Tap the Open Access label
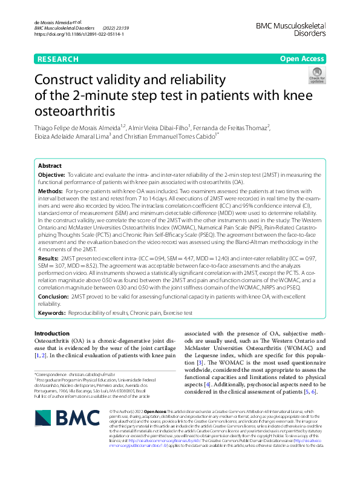click(303, 59)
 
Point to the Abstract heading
click(50, 165)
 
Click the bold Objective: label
click(53, 174)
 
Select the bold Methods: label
click(51, 191)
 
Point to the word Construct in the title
click(67, 79)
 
